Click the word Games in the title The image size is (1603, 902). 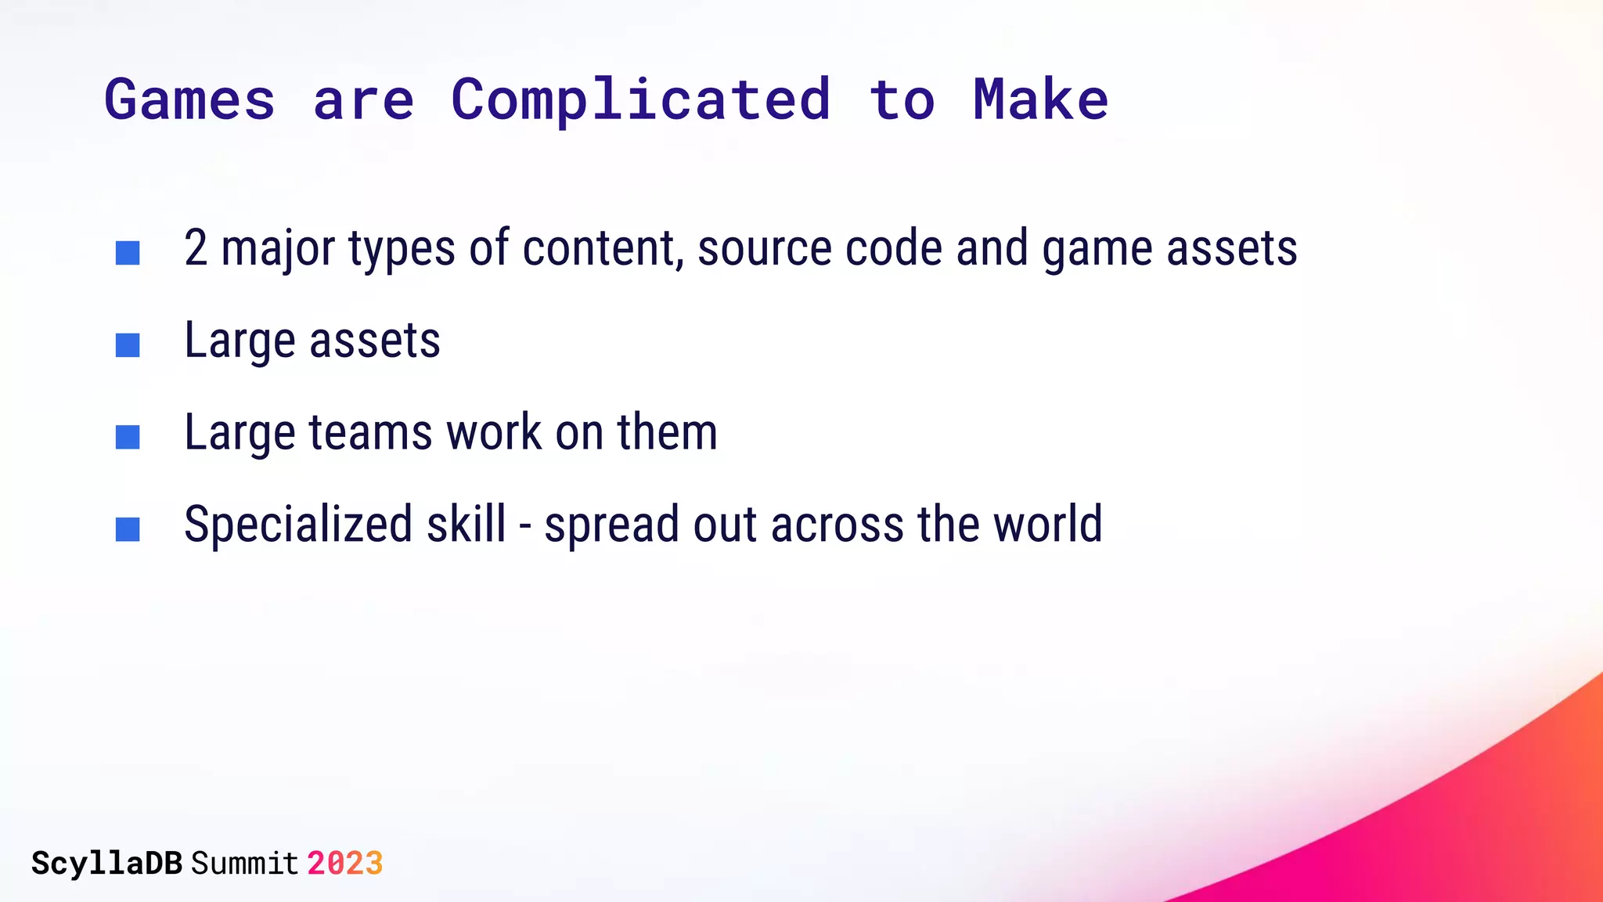[189, 100]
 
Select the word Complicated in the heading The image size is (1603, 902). [640, 100]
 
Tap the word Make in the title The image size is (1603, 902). [1040, 100]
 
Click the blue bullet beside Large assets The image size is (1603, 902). [128, 345]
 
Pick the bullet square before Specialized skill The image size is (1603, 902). [128, 529]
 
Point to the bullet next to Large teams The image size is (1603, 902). [128, 437]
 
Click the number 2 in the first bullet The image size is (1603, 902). [196, 249]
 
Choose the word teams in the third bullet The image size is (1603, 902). [370, 433]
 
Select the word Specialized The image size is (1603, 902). [297, 525]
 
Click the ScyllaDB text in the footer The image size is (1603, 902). [106, 864]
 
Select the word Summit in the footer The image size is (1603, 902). [244, 864]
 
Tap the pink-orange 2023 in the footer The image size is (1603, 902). [344, 864]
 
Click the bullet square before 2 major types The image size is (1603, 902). [128, 253]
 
